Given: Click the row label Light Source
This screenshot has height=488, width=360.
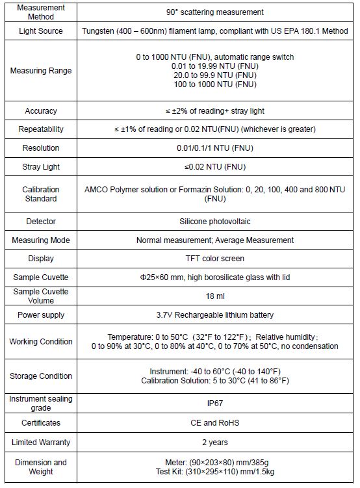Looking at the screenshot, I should coord(41,31).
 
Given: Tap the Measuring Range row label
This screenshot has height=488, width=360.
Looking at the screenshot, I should coord(41,70).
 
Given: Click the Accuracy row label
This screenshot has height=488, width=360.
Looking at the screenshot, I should coord(41,111).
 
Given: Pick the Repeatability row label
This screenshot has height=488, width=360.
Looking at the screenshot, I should coord(41,129).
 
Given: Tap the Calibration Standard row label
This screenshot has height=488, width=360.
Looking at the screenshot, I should coord(41,194).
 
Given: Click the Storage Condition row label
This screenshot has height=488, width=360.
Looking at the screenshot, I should coord(41,376).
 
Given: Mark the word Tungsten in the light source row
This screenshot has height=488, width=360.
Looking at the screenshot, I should coord(99,31).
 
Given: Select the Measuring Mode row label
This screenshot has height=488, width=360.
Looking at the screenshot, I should coord(41,240).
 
